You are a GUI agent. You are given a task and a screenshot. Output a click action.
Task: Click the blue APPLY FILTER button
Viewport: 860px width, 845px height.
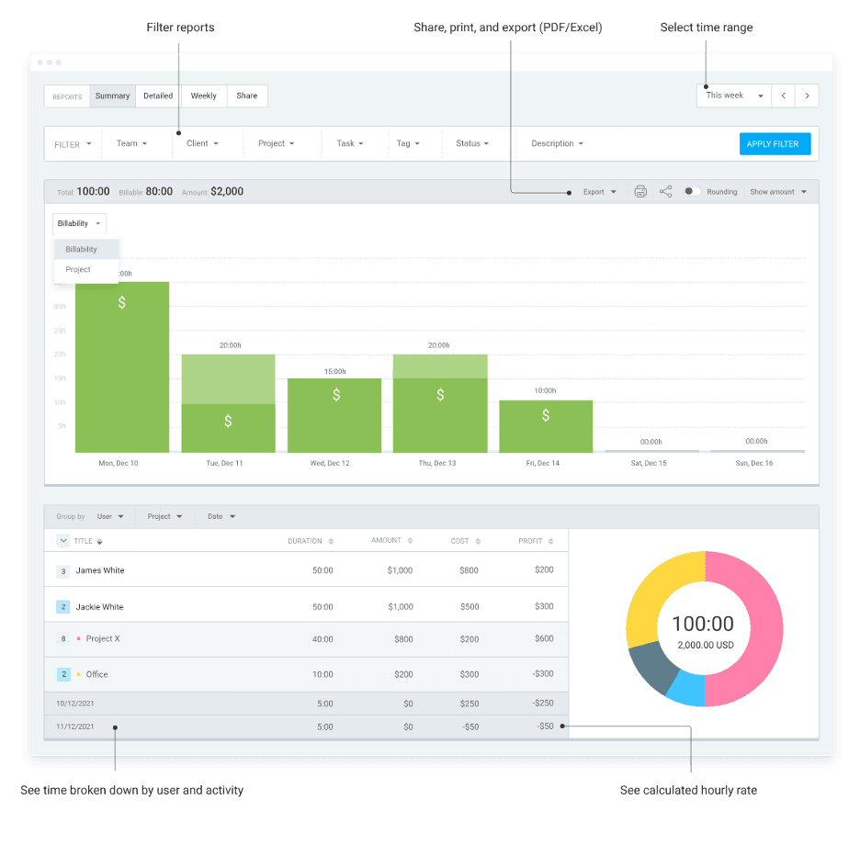pos(775,144)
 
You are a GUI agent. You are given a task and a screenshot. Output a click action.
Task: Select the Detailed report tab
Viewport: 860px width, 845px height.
pos(158,96)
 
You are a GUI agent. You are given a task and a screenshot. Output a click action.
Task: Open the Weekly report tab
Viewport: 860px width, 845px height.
pos(204,96)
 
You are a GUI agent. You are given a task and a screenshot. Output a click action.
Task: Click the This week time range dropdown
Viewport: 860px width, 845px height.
pos(734,96)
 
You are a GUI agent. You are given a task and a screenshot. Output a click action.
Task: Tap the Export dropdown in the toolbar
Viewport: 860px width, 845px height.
pos(599,192)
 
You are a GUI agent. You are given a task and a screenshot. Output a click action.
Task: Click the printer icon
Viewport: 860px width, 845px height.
pos(640,192)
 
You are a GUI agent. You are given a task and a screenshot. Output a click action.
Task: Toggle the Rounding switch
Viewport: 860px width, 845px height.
pos(693,192)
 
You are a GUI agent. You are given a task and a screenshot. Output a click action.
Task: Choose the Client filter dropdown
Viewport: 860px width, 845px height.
pos(202,143)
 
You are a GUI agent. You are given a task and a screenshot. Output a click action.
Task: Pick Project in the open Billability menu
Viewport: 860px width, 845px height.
pos(79,270)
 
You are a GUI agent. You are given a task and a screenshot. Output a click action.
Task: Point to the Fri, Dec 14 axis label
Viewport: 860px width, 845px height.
pos(543,463)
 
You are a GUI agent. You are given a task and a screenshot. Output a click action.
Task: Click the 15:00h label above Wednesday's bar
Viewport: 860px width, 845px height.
pos(335,371)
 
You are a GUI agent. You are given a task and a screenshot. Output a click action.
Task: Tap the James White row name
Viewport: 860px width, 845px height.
pos(100,570)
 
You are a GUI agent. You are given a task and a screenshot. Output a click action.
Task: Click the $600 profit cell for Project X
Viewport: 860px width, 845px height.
pos(544,638)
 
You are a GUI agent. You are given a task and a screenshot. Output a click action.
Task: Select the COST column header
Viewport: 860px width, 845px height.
pos(460,541)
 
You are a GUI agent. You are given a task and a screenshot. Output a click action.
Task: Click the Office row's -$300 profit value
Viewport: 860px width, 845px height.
pos(543,674)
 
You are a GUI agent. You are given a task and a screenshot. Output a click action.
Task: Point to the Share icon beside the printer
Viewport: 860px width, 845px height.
pos(666,192)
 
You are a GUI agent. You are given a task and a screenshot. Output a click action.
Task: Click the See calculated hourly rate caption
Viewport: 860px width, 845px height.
pos(688,790)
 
